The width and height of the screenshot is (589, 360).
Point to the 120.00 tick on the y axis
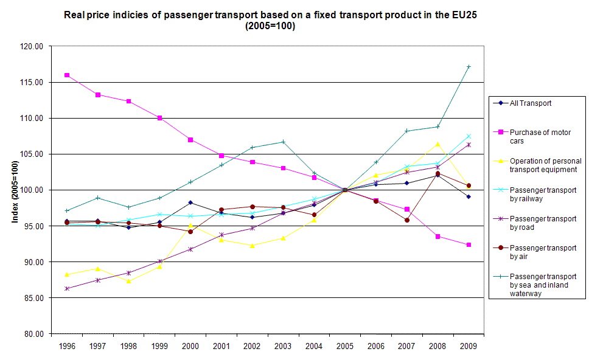[x=30, y=46]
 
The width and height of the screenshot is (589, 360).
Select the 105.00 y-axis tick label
[x=30, y=154]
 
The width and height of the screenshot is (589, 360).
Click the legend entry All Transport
[x=530, y=103]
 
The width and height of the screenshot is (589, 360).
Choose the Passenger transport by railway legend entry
[x=534, y=194]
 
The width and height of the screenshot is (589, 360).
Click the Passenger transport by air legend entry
[x=534, y=252]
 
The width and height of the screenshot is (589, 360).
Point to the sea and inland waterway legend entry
[x=534, y=285]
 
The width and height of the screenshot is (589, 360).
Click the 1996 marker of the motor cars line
[x=66, y=75]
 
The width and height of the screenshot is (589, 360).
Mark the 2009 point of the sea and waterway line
[x=469, y=67]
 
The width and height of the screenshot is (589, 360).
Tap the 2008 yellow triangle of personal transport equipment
[x=437, y=144]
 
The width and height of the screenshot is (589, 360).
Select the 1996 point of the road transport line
[x=66, y=288]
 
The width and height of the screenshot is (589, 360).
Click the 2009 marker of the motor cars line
[x=469, y=244]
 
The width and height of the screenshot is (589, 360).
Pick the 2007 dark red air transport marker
[x=406, y=220]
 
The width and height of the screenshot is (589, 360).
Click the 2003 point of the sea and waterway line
[x=283, y=142]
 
